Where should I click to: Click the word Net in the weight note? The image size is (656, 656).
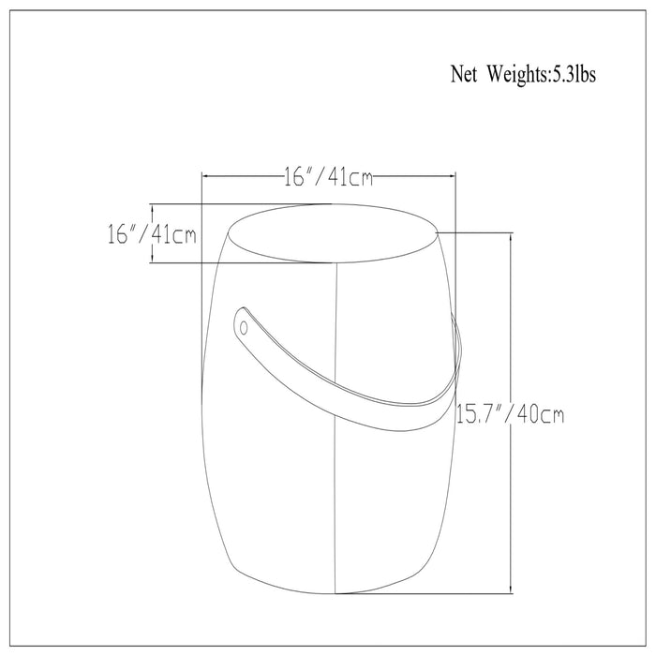coord(464,74)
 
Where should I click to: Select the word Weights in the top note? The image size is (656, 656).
coord(517,75)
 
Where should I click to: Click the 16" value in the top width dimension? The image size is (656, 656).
coord(297,176)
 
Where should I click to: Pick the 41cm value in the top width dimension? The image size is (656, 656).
coord(350,177)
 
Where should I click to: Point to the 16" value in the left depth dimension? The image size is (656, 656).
coord(121,234)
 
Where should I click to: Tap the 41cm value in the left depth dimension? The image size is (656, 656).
coord(173,234)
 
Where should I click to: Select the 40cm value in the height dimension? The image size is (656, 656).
coord(541,414)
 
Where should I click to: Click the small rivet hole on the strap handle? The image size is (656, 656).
coord(244,328)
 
